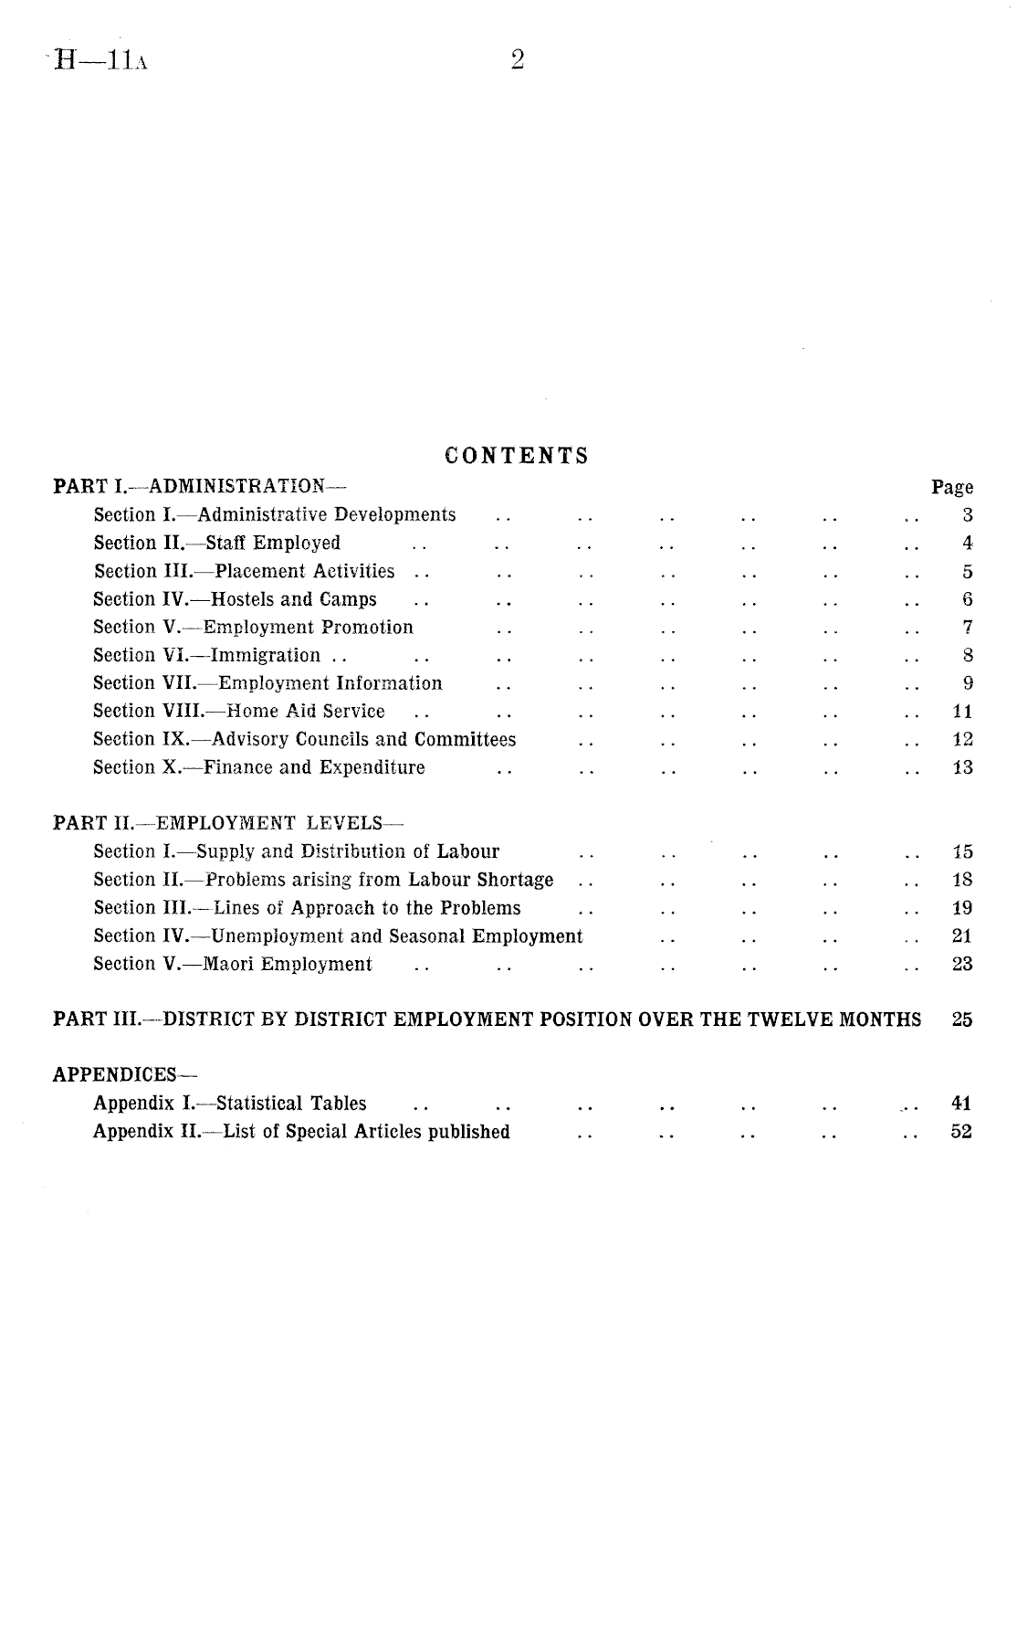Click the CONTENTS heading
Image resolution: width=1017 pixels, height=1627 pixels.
517,455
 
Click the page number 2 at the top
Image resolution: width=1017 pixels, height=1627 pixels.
518,60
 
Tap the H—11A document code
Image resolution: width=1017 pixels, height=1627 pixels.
101,61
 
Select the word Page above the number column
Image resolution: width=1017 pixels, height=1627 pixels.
952,487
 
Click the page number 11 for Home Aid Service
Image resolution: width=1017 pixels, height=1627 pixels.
962,712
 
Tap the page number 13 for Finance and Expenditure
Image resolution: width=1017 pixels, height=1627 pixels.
962,767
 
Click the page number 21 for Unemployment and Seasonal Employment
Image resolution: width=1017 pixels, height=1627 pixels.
962,935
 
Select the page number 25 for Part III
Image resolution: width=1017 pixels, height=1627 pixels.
962,1020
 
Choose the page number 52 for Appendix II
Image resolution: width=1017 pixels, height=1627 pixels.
961,1132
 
